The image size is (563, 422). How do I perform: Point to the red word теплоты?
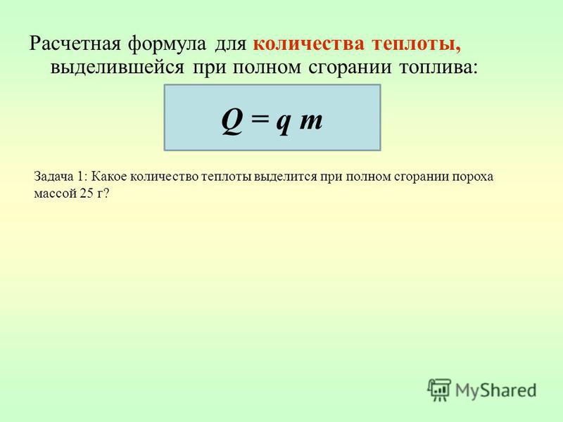[x=416, y=44]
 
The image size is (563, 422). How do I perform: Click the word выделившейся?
[x=117, y=68]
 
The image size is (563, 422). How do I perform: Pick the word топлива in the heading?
[x=438, y=68]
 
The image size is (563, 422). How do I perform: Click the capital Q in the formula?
[x=232, y=121]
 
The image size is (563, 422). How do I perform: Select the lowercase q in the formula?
[x=284, y=124]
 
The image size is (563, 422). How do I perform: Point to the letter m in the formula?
[x=310, y=120]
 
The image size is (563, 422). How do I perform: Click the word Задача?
[x=53, y=177]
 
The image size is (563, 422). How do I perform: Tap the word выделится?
[x=285, y=177]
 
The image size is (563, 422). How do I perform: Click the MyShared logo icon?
[x=439, y=390]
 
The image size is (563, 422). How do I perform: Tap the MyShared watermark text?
[x=495, y=390]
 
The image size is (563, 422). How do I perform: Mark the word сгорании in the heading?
[x=349, y=68]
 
